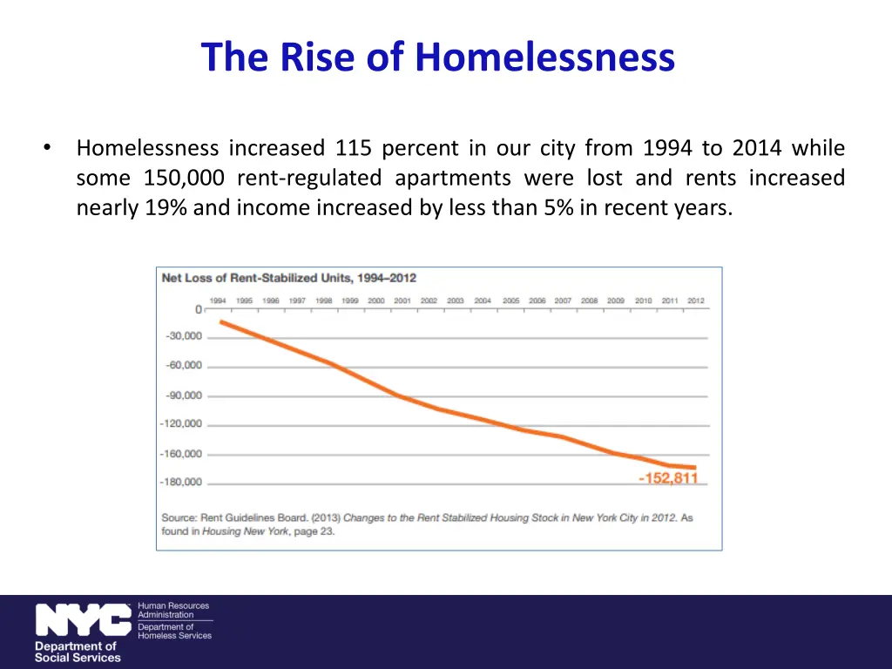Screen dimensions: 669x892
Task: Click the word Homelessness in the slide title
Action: [x=544, y=57]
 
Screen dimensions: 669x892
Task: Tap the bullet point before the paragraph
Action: [x=47, y=148]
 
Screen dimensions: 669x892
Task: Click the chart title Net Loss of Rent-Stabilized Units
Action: [x=288, y=278]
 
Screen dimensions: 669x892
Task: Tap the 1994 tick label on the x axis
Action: [x=218, y=301]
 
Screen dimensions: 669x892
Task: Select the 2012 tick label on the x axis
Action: [x=695, y=301]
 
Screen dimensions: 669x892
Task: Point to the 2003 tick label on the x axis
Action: [x=456, y=301]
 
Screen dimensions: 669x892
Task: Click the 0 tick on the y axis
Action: [x=198, y=309]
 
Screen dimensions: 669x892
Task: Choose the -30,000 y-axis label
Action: [x=183, y=336]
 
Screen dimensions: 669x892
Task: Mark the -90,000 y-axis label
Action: [x=183, y=395]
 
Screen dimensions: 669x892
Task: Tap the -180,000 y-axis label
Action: [x=180, y=482]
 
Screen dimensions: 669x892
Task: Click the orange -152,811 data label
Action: [x=668, y=478]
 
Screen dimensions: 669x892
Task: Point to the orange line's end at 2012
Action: [x=694, y=468]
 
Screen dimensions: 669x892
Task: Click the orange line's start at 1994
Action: [x=221, y=322]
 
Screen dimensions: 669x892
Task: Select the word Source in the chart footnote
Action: [x=180, y=517]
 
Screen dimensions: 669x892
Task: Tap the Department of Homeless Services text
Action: [x=174, y=631]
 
